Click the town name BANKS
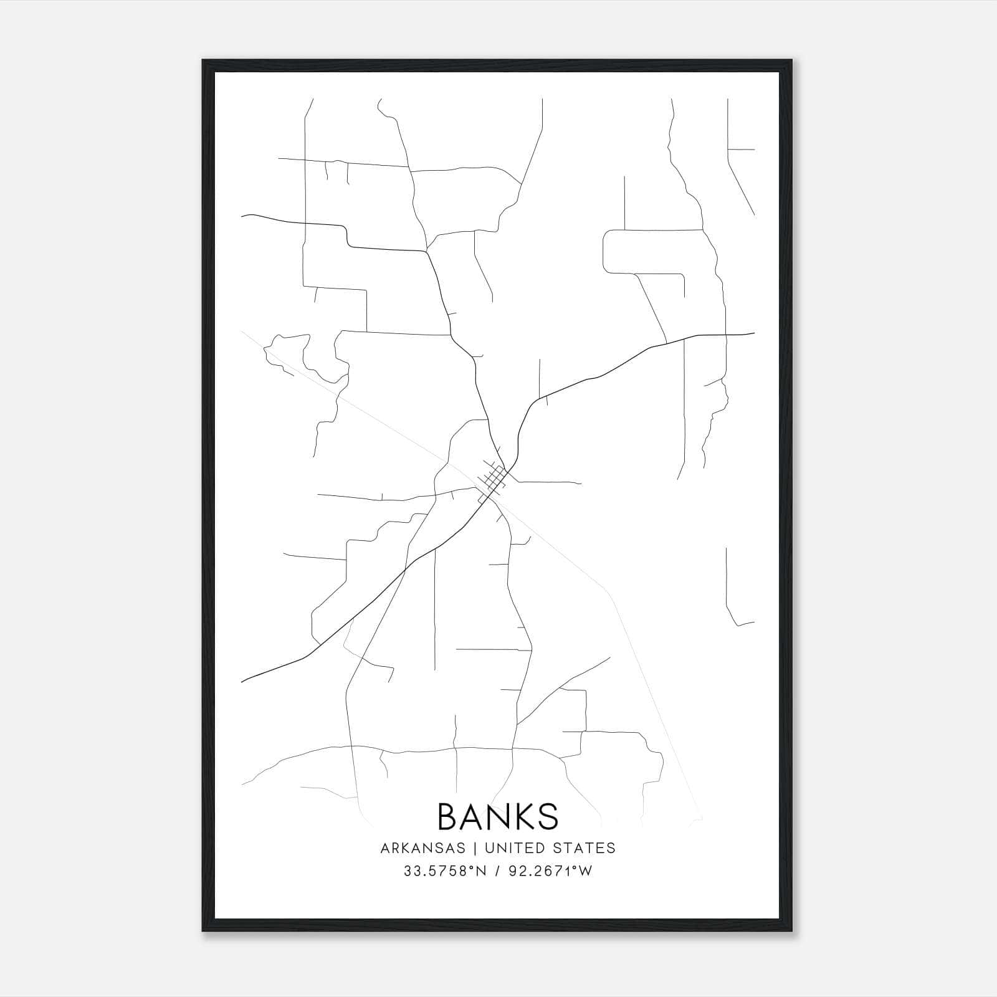498,816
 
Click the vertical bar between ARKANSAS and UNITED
475,848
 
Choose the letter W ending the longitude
584,871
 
